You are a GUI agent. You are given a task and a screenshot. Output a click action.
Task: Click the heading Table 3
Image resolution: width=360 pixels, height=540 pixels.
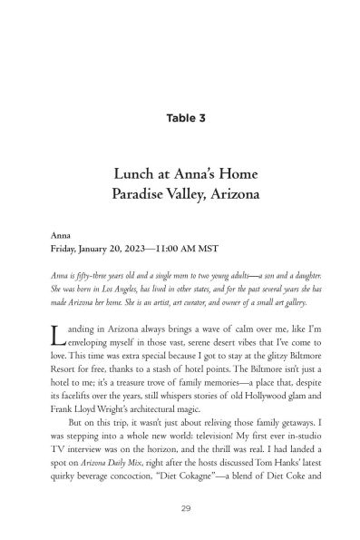(x=180, y=117)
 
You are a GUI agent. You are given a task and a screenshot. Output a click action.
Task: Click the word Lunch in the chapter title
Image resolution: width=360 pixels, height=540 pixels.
(x=133, y=173)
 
